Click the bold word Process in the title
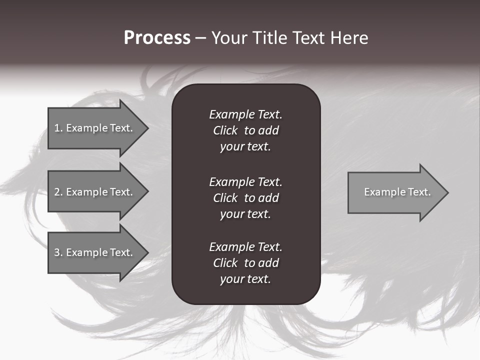tap(157, 38)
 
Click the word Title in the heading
tap(269, 38)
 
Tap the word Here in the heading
tap(349, 38)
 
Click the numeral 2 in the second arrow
tap(57, 192)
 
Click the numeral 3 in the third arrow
tap(57, 252)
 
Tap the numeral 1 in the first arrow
tap(57, 128)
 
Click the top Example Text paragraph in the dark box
tap(245, 130)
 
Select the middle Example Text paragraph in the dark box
tap(245, 198)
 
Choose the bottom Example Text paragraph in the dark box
tap(245, 263)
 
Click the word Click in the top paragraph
tap(225, 130)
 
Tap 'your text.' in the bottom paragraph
tap(245, 279)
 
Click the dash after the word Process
tap(200, 38)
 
